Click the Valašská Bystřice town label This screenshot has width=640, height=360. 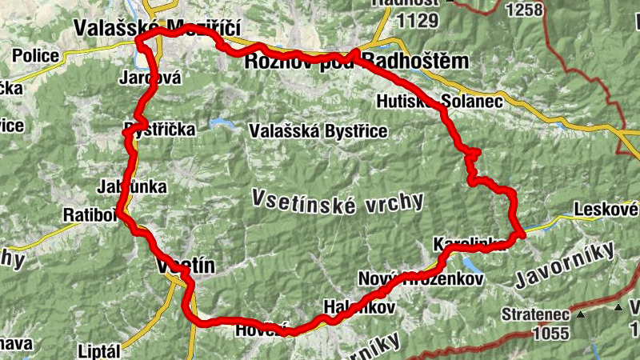click(318, 130)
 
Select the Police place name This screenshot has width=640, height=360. click(36, 55)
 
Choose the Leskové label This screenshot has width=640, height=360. click(606, 211)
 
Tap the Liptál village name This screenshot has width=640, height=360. click(99, 351)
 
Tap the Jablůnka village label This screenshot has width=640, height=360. click(132, 187)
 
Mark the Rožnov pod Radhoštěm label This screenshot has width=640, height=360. click(357, 62)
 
